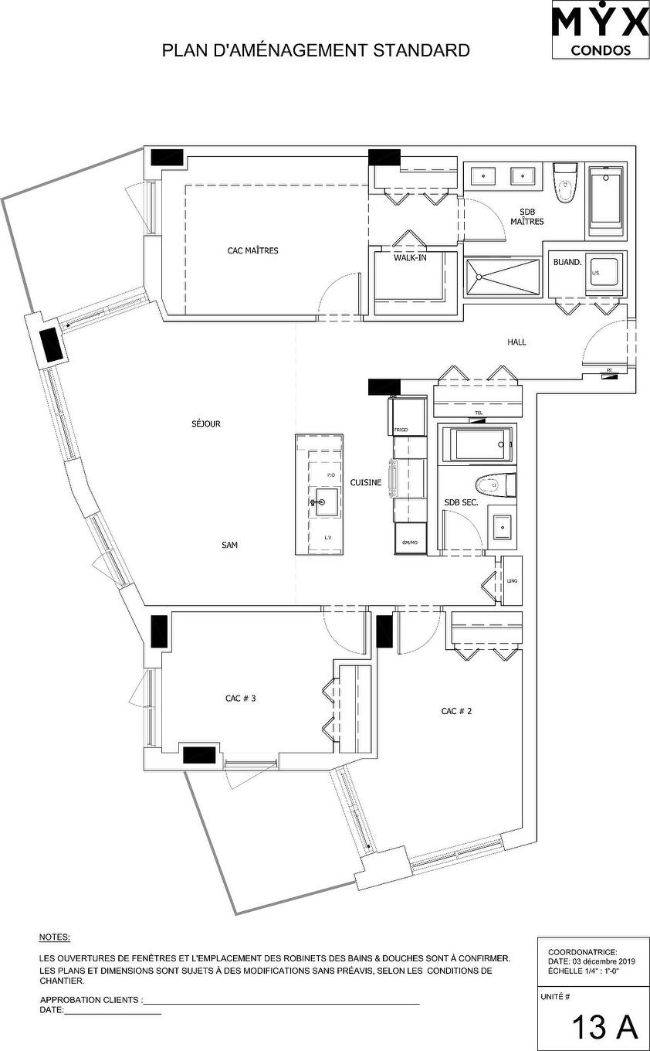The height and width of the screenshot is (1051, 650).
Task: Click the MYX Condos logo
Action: pyautogui.click(x=601, y=30)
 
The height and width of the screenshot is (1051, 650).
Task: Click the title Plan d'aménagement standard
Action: pyautogui.click(x=316, y=51)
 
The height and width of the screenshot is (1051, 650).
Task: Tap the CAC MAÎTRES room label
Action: pyautogui.click(x=252, y=250)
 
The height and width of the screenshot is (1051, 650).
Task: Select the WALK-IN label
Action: pyautogui.click(x=410, y=258)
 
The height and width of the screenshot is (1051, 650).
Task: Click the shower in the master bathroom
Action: pyautogui.click(x=503, y=277)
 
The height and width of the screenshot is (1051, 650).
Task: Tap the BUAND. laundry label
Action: pyautogui.click(x=567, y=262)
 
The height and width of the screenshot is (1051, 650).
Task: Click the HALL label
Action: pyautogui.click(x=516, y=342)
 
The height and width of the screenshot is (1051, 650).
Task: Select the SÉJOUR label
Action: pyautogui.click(x=206, y=423)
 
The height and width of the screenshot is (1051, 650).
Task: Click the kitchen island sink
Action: pyautogui.click(x=325, y=502)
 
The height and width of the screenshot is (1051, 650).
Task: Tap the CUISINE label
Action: pyautogui.click(x=366, y=482)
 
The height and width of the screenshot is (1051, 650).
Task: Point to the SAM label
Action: pyautogui.click(x=229, y=546)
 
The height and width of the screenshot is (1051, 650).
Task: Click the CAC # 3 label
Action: pyautogui.click(x=240, y=698)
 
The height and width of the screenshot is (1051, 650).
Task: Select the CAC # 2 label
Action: pyautogui.click(x=456, y=711)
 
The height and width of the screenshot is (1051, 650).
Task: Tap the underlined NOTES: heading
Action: pyautogui.click(x=54, y=937)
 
